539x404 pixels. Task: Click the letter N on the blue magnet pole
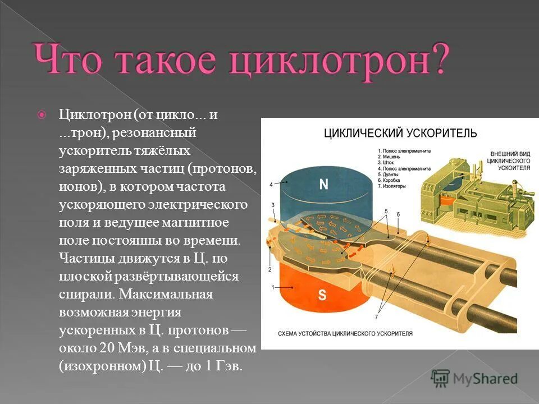(x=323, y=185)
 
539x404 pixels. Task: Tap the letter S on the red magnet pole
(x=322, y=296)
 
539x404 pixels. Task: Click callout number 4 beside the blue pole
(x=271, y=184)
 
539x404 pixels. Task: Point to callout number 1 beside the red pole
(x=273, y=287)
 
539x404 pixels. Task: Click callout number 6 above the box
(x=398, y=214)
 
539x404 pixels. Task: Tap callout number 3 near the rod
(x=273, y=205)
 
